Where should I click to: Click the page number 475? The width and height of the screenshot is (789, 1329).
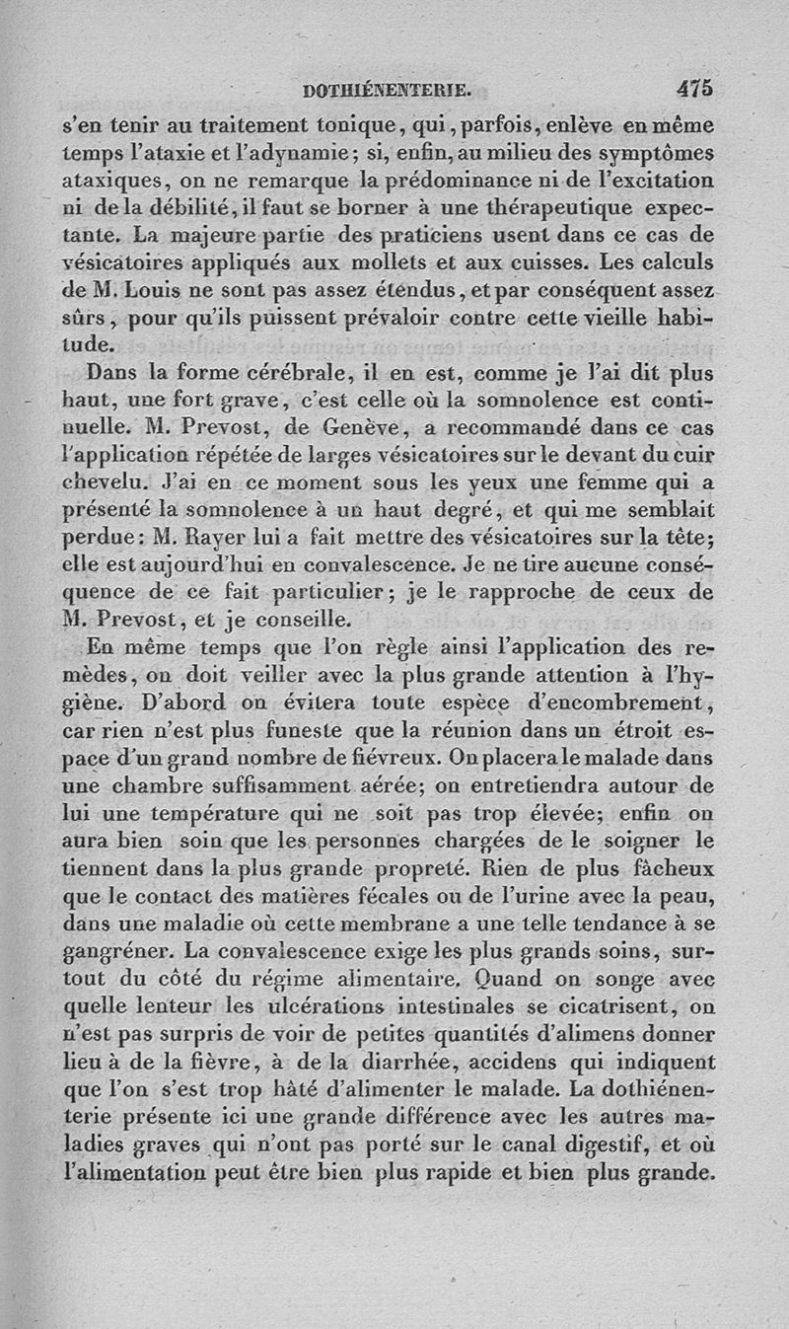coord(694,89)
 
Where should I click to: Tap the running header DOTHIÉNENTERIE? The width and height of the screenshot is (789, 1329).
coord(388,92)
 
